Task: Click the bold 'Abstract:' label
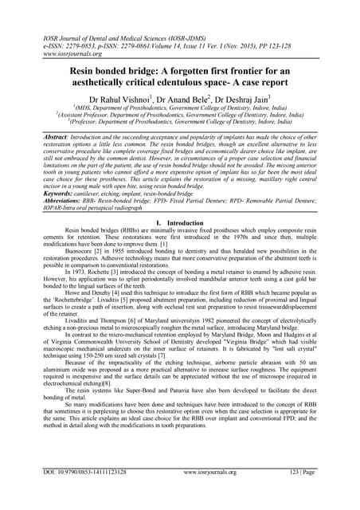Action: [x=67, y=137]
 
